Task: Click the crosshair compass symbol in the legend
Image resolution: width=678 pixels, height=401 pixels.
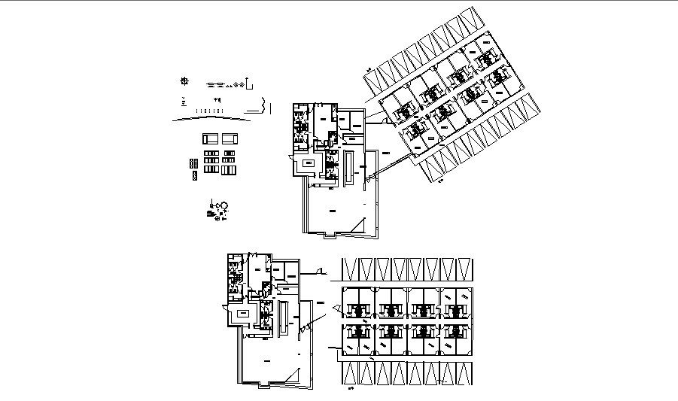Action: (185, 81)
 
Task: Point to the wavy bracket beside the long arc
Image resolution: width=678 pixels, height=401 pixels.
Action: (263, 105)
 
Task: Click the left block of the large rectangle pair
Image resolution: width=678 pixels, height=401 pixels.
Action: (211, 139)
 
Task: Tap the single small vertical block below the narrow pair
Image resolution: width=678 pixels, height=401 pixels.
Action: (193, 175)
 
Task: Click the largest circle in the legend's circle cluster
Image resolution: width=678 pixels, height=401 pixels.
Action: (223, 205)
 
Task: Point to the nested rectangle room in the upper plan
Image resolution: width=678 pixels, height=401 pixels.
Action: (309, 165)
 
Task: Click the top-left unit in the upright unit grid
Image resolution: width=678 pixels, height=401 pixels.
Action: (358, 306)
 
